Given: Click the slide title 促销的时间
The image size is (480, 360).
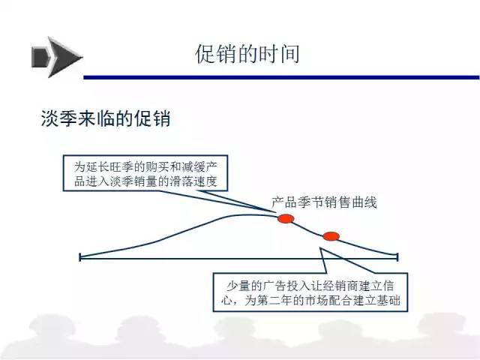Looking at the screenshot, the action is [247, 54].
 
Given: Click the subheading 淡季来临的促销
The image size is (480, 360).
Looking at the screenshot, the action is [106, 118].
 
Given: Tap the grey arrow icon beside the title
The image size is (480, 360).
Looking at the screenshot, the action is [57, 57].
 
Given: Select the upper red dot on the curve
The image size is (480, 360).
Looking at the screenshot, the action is [286, 218].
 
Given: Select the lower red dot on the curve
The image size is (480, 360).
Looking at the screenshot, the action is [331, 236].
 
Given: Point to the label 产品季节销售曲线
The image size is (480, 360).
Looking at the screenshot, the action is [324, 202].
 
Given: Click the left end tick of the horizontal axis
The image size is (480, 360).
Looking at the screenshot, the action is [80, 257].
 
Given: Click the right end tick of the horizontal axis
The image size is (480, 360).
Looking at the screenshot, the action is [397, 257].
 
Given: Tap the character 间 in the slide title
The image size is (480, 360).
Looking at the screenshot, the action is [289, 54].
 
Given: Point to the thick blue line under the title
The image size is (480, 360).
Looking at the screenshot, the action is [282, 77].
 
